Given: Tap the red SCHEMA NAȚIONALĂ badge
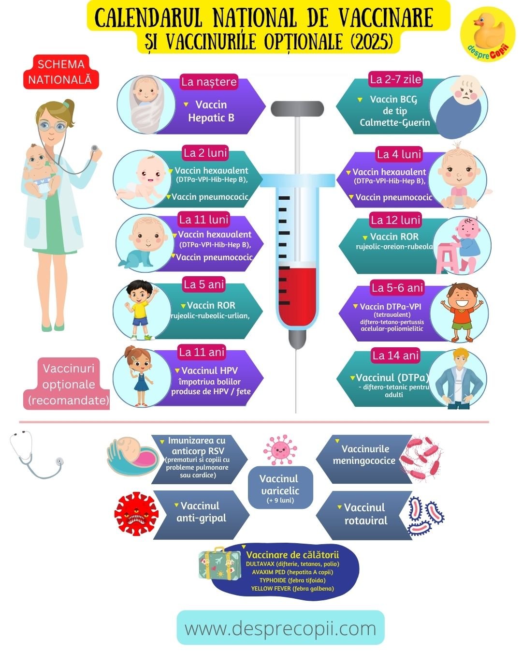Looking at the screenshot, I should [61, 72].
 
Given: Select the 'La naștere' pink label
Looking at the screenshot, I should [209, 82].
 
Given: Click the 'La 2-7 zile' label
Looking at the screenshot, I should [395, 79].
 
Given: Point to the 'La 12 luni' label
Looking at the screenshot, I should [395, 220].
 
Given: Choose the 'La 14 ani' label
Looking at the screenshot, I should [395, 356].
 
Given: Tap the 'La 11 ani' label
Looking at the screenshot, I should [202, 352].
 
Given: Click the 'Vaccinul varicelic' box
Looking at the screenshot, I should [280, 487].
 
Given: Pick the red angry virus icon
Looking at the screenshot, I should [136, 514].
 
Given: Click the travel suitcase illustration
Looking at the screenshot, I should [219, 563].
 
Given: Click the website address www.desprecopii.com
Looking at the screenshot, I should [280, 628].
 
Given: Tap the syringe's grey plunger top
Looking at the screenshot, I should [297, 108].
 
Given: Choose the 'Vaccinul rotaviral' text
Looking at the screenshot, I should [365, 514].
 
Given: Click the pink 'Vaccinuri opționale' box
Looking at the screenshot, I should [68, 384].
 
